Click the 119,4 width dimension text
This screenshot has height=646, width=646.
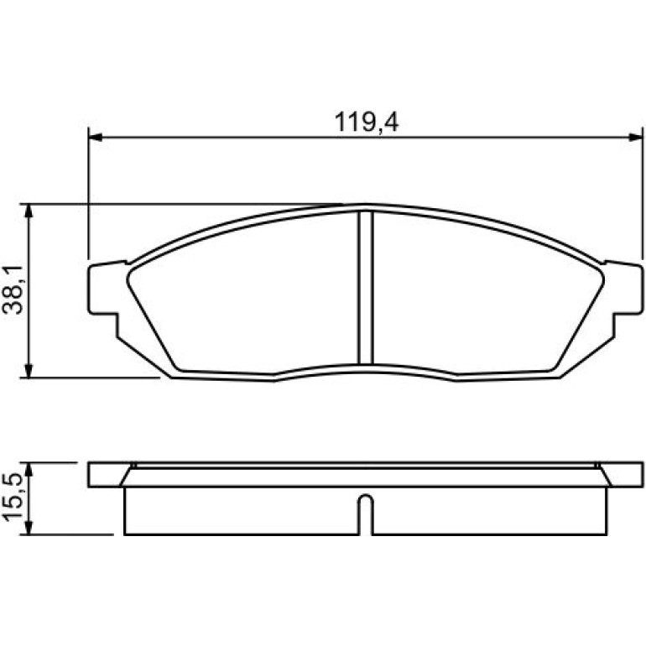(367, 122)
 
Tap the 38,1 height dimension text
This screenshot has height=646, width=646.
(13, 290)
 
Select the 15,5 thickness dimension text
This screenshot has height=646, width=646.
(13, 498)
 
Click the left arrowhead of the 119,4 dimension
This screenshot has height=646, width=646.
(96, 138)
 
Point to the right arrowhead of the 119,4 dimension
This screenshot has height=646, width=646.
(636, 138)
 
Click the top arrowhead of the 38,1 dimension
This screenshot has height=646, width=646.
(29, 211)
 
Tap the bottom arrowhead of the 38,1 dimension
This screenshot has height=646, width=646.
(29, 370)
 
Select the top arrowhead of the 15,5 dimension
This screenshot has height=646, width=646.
(29, 470)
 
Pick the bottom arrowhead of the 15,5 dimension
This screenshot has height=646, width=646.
(29, 528)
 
